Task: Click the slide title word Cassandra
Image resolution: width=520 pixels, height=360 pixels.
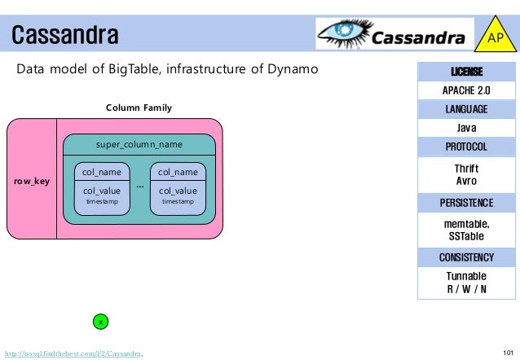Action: (65, 36)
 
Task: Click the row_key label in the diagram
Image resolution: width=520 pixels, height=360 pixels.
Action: (32, 181)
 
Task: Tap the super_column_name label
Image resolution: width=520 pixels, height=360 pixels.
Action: (139, 144)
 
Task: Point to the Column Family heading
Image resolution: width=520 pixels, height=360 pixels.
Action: (139, 108)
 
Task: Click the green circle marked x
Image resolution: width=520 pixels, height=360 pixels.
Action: (99, 323)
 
